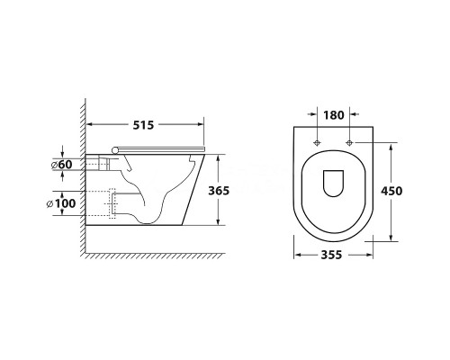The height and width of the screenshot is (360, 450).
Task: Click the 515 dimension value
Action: coord(143,125)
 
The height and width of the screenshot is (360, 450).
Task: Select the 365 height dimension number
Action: coord(219,191)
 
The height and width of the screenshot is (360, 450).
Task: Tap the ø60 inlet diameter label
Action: coord(61,165)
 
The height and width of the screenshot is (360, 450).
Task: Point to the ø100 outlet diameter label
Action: coord(61,203)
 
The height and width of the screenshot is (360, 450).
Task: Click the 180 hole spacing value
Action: coord(334,115)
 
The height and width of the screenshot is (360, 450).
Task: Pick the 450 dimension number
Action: coord(391,191)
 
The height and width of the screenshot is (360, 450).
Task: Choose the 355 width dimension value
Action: coord(331,255)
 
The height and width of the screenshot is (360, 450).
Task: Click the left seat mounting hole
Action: coord(317,142)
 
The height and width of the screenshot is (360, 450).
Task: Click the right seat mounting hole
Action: coord(349,142)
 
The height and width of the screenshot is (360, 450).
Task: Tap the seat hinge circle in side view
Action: coord(115,150)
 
